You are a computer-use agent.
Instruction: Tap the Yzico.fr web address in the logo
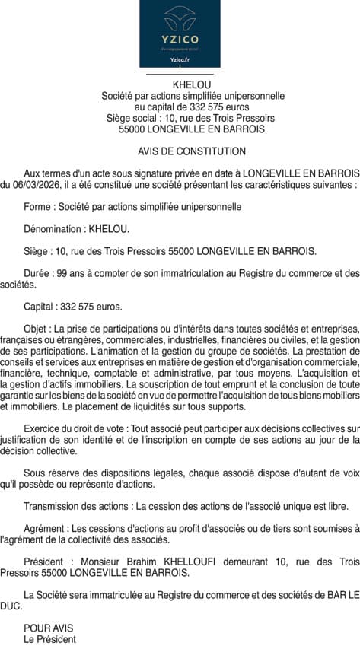pyautogui.click(x=180, y=59)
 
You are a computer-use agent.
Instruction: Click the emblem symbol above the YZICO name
pyautogui.click(x=180, y=16)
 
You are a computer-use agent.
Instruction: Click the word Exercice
pyautogui.click(x=44, y=430)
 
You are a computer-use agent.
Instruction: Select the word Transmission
pyautogui.click(x=53, y=506)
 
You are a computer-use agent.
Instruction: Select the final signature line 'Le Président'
pyautogui.click(x=49, y=640)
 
